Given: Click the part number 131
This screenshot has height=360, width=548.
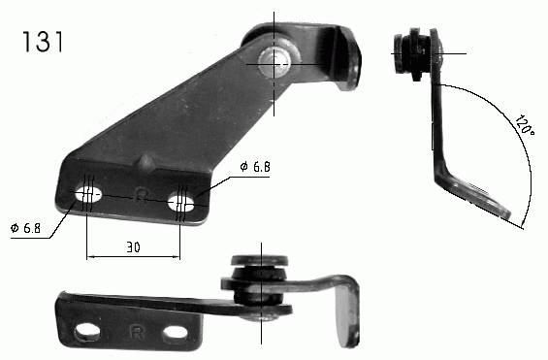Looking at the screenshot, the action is coord(43,42).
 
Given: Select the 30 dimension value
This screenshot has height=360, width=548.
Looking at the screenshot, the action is coord(133,247).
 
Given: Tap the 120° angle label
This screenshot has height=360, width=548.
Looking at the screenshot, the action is coord(524,125).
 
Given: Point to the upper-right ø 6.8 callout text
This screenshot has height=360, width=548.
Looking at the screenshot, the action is coord(255,167).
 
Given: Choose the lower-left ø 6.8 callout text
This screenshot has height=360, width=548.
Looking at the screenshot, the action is coord(25,228).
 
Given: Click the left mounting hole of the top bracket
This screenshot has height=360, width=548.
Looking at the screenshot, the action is coord(88,194).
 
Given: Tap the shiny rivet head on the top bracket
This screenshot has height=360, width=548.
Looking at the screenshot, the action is coord(274,61).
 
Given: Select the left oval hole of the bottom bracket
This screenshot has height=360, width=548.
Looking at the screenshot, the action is coord(87,331).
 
